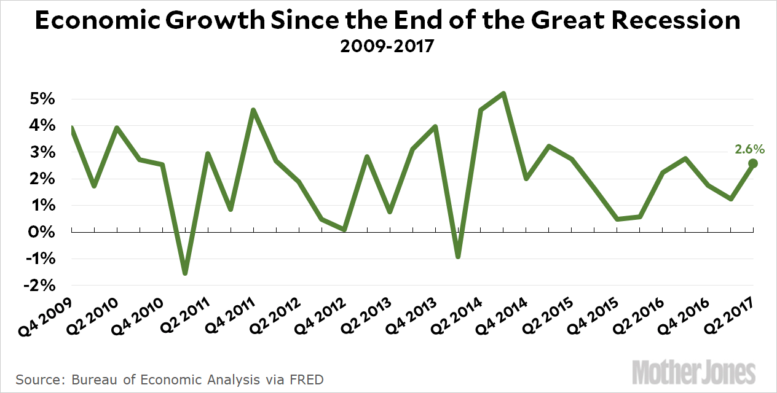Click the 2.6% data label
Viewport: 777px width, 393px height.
[749, 149]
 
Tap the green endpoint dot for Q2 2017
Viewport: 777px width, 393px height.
[753, 163]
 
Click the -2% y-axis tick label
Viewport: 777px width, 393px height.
[41, 286]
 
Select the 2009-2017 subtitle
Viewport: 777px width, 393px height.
[388, 46]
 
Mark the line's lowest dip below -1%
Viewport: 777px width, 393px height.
[184, 273]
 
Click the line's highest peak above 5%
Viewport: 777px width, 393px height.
[503, 94]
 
